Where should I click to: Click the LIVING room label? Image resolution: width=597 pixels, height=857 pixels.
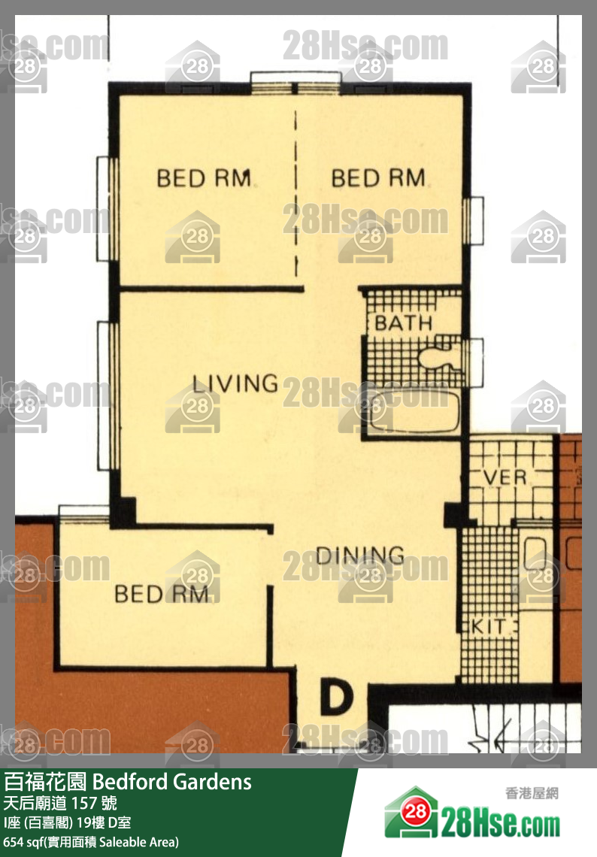tap(235, 383)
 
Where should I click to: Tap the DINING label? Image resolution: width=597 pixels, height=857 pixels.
tap(359, 556)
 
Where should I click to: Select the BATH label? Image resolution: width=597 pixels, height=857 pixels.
tap(404, 323)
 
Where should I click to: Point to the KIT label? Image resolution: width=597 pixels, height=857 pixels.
tap(488, 626)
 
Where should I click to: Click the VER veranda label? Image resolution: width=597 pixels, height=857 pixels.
tap(505, 477)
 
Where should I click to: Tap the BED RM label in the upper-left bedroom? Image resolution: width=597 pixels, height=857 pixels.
tap(203, 178)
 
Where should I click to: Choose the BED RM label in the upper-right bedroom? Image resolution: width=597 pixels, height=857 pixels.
tap(377, 178)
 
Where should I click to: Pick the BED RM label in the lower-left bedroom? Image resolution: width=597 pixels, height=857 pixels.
tap(161, 594)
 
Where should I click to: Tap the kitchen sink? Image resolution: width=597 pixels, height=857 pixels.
tap(535, 553)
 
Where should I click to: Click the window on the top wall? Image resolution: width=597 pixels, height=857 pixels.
tap(295, 83)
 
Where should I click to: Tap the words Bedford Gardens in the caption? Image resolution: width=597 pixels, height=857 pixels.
tap(172, 782)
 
